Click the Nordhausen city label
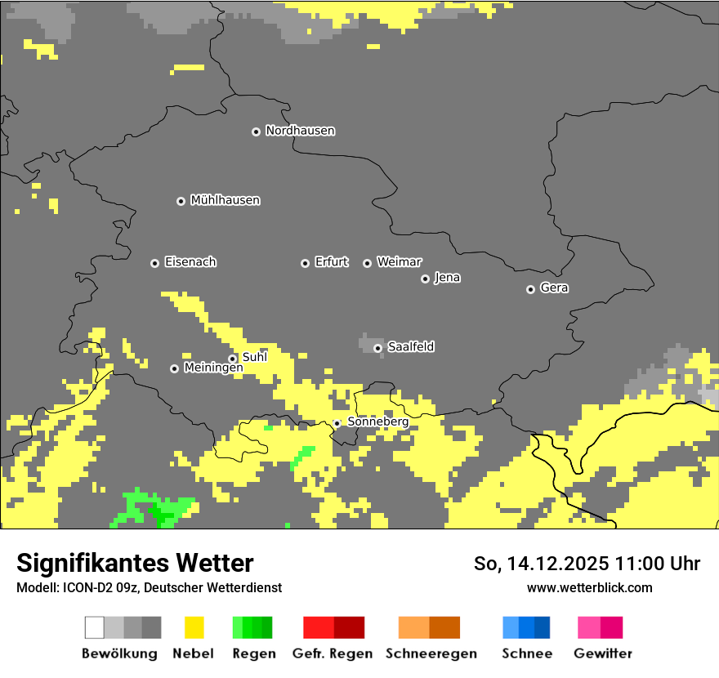tap(300, 131)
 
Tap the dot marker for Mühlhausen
tap(181, 201)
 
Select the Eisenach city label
tap(190, 262)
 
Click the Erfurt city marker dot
tap(305, 263)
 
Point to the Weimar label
tap(399, 262)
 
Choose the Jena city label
tap(447, 278)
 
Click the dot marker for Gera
tap(530, 289)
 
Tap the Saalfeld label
tap(410, 347)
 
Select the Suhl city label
tap(254, 357)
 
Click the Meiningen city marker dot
tap(174, 368)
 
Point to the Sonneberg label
tap(377, 422)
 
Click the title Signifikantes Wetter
tap(135, 563)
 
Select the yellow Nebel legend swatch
tap(194, 627)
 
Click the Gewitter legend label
tap(603, 653)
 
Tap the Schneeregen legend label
tap(431, 653)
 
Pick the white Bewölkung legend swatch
tap(95, 627)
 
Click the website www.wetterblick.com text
tap(589, 587)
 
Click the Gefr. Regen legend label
tap(333, 653)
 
